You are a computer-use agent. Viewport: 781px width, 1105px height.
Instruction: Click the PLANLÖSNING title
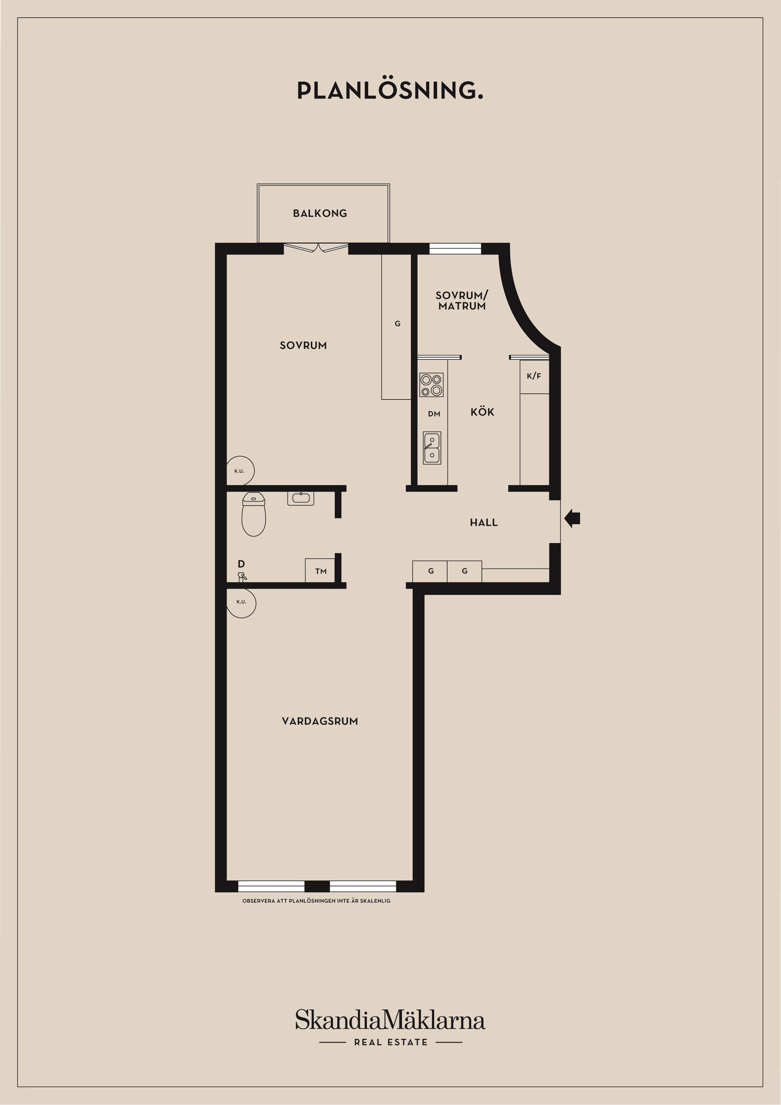coord(390,90)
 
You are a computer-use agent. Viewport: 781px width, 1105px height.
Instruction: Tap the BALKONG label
coord(320,213)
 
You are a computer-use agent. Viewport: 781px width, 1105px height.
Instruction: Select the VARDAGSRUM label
coord(320,721)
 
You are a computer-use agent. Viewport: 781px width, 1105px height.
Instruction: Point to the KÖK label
coord(482,412)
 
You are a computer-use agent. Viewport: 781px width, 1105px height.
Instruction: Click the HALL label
coord(484,522)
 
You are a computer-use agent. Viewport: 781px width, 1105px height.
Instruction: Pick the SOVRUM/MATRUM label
coord(461,300)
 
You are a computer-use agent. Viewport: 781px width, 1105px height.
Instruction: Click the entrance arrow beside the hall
coord(572,518)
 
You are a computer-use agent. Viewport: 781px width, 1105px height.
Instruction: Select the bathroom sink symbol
coord(301,498)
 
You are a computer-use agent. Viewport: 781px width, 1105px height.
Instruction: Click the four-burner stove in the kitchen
coord(431,385)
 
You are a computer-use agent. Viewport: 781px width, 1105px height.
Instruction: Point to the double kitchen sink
coord(432,448)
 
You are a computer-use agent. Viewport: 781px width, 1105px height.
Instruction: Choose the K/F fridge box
coord(534,376)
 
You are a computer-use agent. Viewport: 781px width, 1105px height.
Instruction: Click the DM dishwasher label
coord(434,414)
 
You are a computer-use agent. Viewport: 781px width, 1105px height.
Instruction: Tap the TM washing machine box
coord(321,571)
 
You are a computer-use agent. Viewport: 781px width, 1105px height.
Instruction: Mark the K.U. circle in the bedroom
coord(240,470)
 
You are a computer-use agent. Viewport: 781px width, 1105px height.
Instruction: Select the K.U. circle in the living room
coord(241,602)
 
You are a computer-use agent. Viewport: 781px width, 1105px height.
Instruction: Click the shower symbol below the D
coord(242,576)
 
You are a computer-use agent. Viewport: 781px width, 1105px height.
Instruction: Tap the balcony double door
coord(316,248)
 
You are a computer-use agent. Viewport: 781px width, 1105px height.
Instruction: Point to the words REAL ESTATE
coord(391,1042)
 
